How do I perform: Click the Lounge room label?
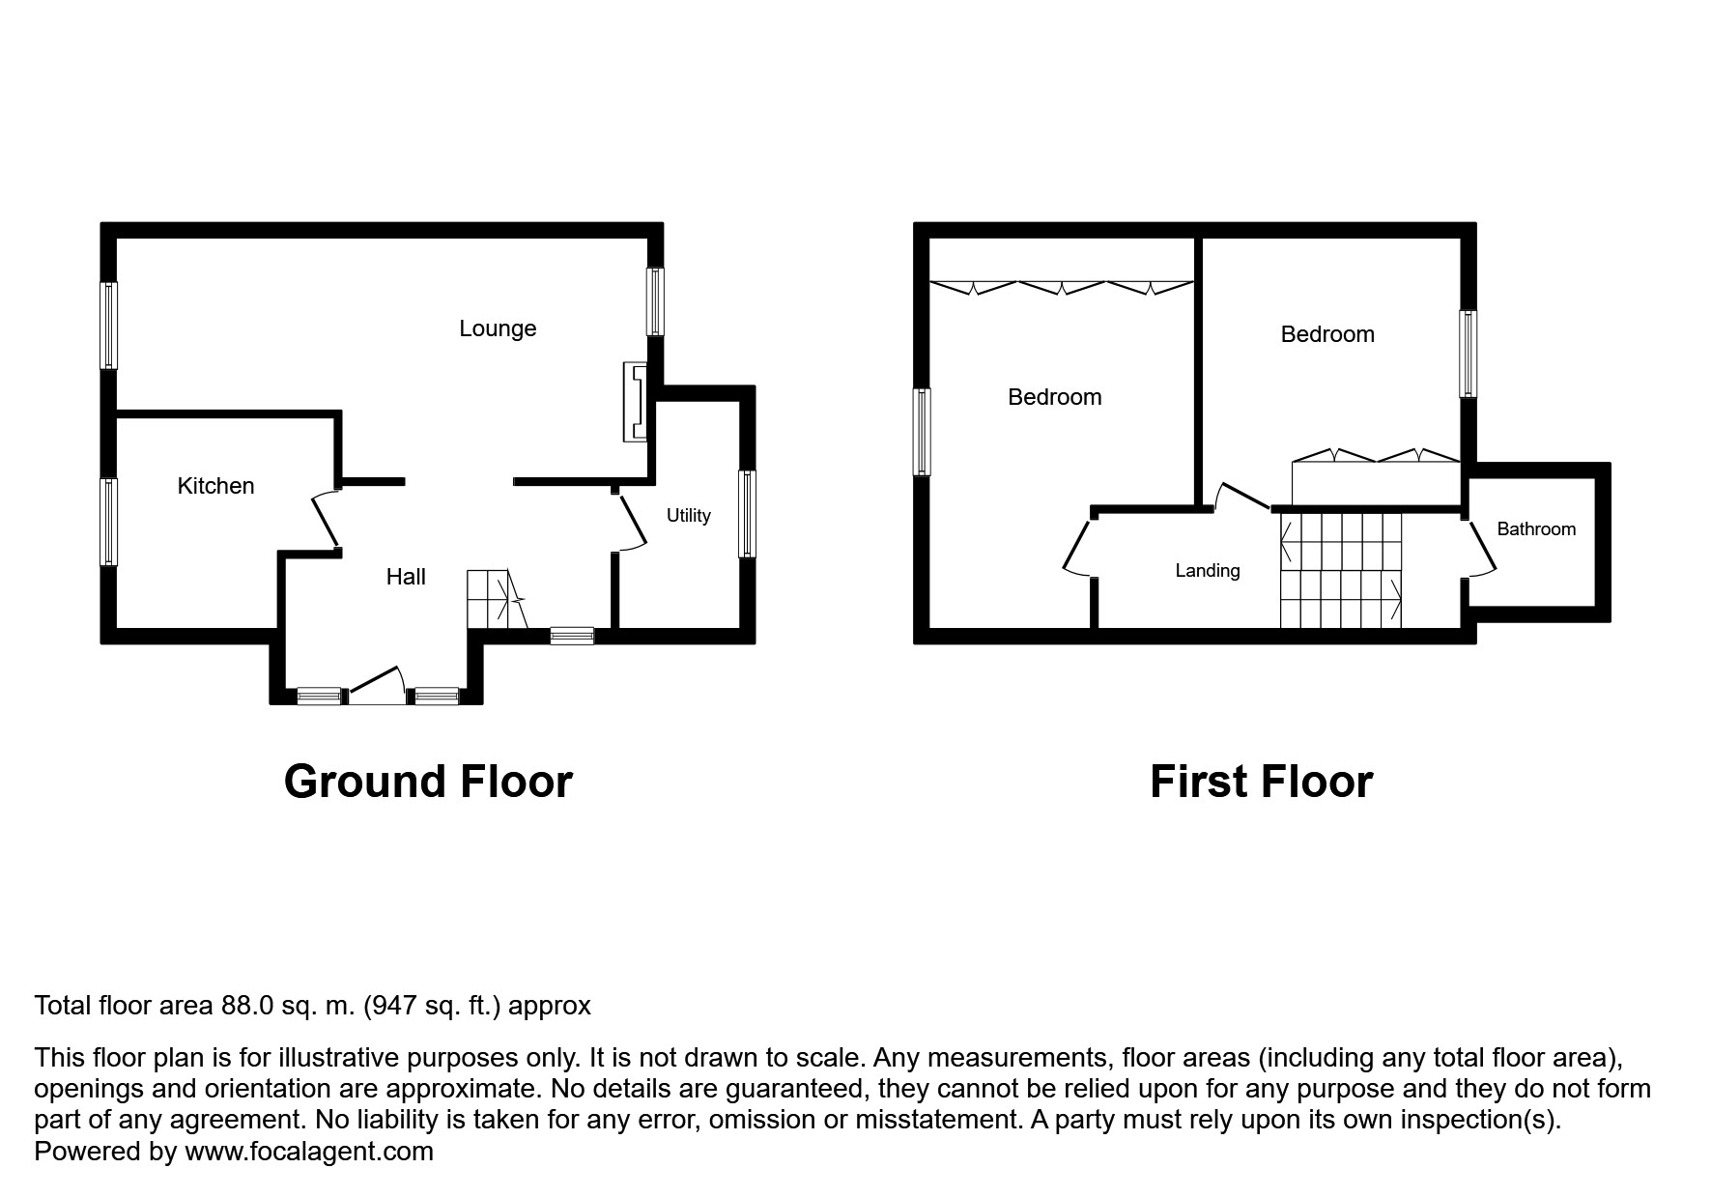(498, 328)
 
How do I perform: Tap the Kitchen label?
(215, 486)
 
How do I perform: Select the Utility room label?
(688, 516)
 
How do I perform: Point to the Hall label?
(406, 577)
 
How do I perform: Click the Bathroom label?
(1535, 529)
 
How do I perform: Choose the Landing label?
(1207, 571)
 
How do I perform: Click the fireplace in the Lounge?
(636, 401)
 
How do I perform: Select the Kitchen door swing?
(327, 522)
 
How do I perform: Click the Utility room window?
(746, 513)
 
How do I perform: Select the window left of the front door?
(319, 695)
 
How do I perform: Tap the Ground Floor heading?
(428, 782)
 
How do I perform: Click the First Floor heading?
(1260, 782)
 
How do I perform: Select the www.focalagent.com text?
(308, 1152)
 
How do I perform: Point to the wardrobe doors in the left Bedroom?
(1061, 287)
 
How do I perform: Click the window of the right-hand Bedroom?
(1468, 354)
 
